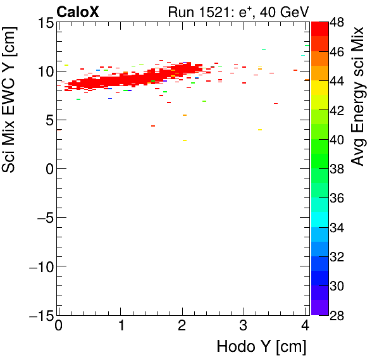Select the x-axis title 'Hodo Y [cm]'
click(x=261, y=347)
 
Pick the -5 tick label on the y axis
click(x=42, y=218)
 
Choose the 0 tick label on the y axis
click(x=48, y=169)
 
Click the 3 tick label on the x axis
click(x=244, y=326)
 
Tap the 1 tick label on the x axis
click(x=120, y=326)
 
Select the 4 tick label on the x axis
click(x=305, y=326)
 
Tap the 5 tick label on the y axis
click(x=48, y=120)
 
